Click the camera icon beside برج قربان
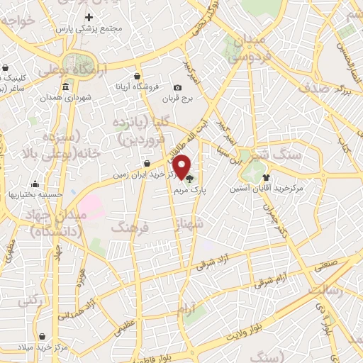(177, 88)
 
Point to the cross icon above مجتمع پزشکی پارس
(89, 17)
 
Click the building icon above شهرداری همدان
(66, 87)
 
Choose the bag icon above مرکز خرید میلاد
(44, 337)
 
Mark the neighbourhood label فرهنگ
(128, 228)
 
